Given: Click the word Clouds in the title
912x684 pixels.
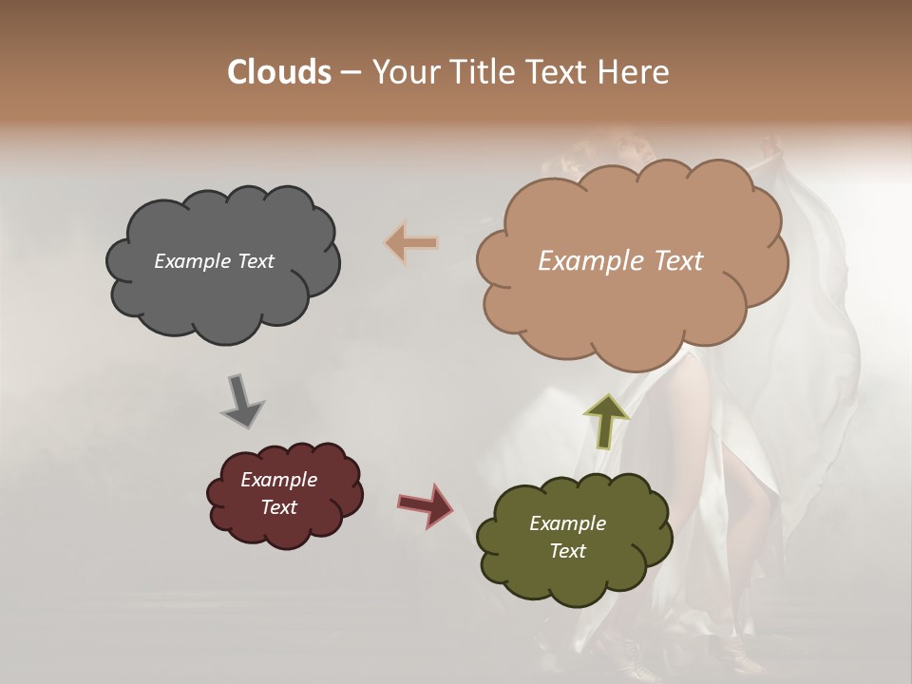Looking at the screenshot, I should coord(278,72).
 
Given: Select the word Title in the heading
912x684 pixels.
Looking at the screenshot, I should coord(482,72).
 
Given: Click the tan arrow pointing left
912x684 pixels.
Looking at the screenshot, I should coord(411,243).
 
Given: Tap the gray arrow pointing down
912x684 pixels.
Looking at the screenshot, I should coord(242,400).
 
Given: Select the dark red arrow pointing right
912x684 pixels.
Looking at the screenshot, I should coord(425,504).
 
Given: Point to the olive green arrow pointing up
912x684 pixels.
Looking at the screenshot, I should coord(607,421).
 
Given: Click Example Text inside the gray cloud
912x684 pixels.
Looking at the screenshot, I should coord(214,261).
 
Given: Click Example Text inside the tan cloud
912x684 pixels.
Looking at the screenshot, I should coord(620,261).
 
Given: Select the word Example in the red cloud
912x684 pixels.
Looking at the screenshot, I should coord(278,480).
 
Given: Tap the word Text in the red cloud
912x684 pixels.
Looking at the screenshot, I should coord(278,507).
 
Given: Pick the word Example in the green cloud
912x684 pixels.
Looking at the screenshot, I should coord(567,523).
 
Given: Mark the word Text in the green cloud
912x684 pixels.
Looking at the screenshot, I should coord(567,551).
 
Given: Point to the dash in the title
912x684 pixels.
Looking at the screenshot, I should coord(350,72).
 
